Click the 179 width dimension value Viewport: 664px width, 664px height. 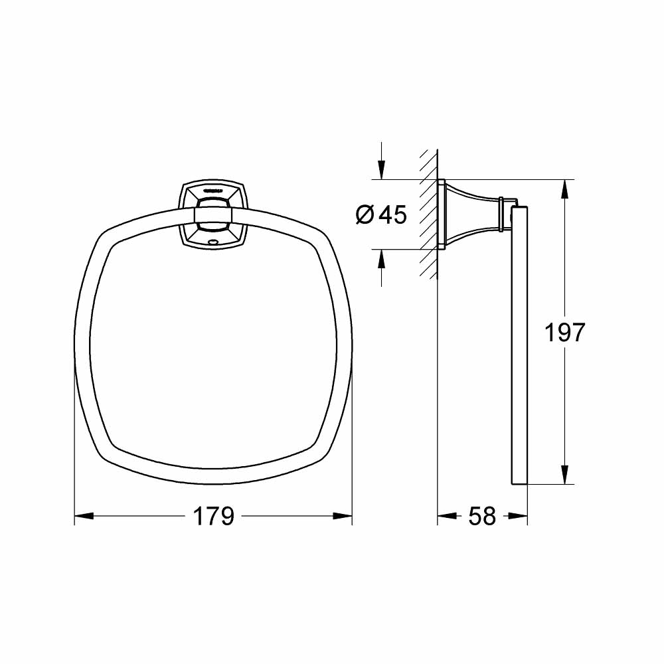(213, 516)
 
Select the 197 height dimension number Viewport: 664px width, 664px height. (564, 332)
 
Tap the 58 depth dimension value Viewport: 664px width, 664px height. (482, 516)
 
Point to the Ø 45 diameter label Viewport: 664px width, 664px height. (380, 214)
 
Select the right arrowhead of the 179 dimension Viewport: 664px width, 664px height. (343, 515)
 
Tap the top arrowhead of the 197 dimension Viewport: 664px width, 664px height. (564, 188)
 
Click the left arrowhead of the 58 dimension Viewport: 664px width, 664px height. (445, 515)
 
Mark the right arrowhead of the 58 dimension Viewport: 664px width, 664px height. (519, 515)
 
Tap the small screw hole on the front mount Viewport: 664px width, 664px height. (212, 242)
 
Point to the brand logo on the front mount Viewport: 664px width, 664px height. (212, 189)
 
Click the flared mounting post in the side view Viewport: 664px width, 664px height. (473, 214)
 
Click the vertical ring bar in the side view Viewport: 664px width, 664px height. (519, 345)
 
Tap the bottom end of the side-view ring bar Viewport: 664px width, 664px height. (519, 481)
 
